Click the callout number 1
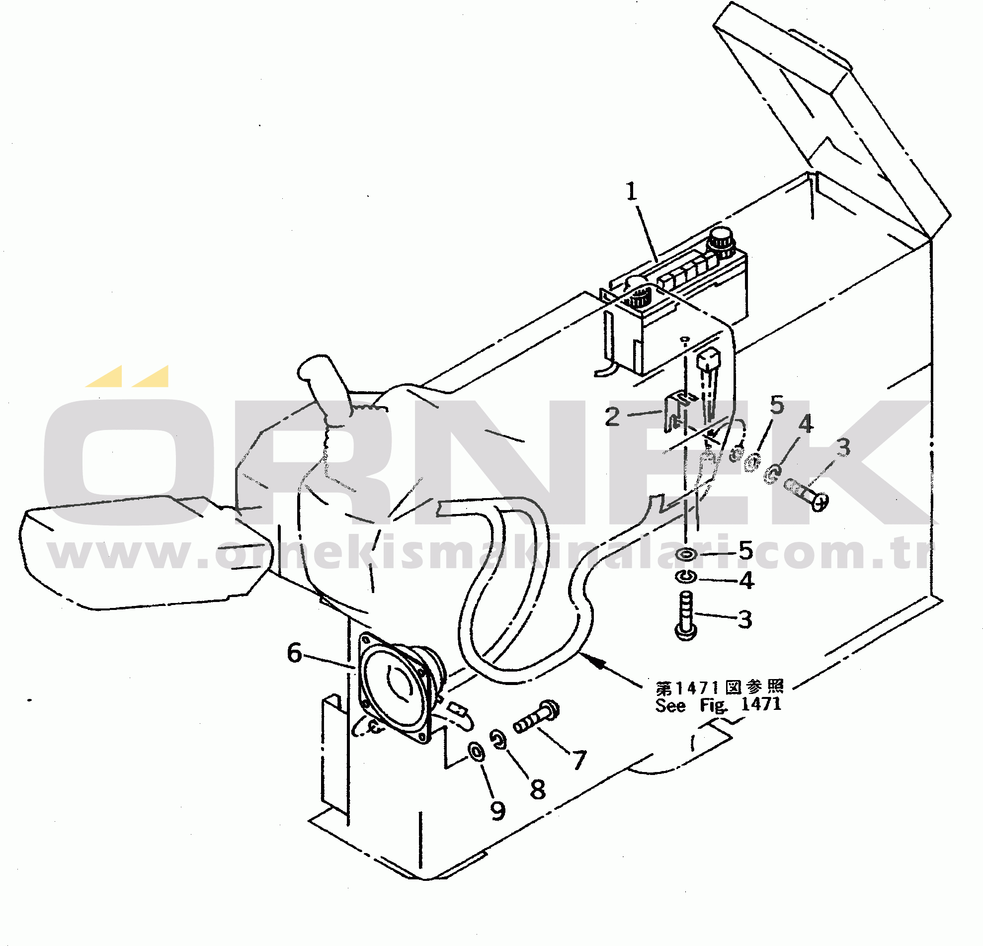point(632,191)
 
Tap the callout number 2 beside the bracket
point(612,417)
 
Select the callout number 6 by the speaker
point(294,653)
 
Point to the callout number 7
point(579,760)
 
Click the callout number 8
point(538,789)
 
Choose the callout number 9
point(497,811)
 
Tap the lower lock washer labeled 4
point(685,577)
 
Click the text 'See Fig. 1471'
point(718,705)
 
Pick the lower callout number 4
point(746,580)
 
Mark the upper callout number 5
point(777,405)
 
